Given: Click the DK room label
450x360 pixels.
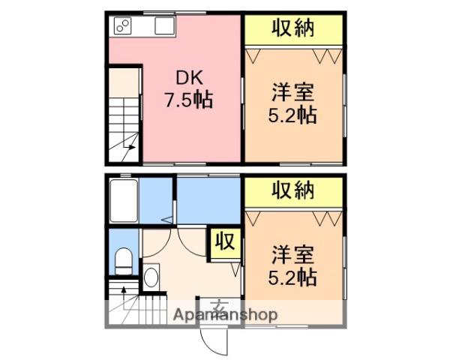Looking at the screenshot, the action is click(x=190, y=77).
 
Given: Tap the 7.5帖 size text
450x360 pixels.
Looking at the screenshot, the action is click(x=188, y=100).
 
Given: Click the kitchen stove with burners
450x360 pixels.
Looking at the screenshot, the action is click(x=122, y=25).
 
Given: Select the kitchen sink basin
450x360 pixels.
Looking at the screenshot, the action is click(x=165, y=25).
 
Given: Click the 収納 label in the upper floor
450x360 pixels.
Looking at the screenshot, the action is click(x=293, y=28).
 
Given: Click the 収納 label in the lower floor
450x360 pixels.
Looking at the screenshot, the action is click(x=293, y=190).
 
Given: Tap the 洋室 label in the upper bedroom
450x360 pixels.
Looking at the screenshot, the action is click(x=292, y=92).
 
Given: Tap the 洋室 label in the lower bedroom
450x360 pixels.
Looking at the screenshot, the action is click(x=292, y=255).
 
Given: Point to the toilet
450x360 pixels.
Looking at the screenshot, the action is click(x=124, y=262).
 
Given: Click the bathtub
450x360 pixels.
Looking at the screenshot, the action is click(x=124, y=201).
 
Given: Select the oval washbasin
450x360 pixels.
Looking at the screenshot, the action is click(x=151, y=277).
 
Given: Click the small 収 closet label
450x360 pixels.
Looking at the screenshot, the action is click(x=226, y=241).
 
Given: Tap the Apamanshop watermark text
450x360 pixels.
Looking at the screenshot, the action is click(x=226, y=315).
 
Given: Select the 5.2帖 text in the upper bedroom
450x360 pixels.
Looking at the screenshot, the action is click(x=292, y=115).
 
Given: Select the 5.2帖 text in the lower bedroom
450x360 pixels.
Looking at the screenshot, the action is click(x=292, y=277).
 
